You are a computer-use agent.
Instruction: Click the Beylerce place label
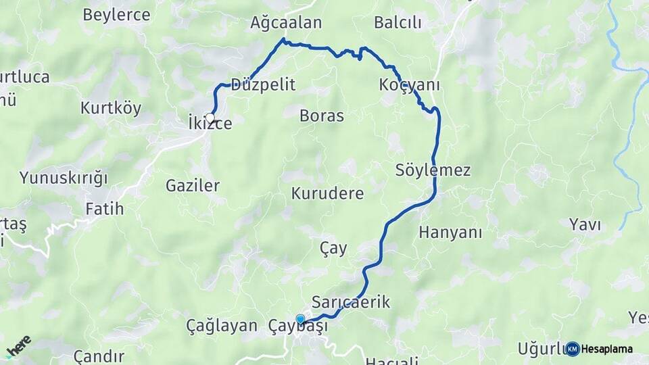pyautogui.click(x=116, y=15)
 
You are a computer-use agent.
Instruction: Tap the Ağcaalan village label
pyautogui.click(x=286, y=23)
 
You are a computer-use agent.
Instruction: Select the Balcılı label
pyautogui.click(x=398, y=23)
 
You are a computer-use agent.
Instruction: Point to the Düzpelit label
pyautogui.click(x=263, y=85)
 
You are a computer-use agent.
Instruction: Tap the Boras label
pyautogui.click(x=322, y=116)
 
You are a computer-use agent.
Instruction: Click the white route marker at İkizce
pyautogui.click(x=210, y=118)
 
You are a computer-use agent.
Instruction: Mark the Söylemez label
pyautogui.click(x=433, y=170)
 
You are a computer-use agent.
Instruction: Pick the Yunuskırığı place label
pyautogui.click(x=64, y=178)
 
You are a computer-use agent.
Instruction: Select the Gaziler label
pyautogui.click(x=193, y=185)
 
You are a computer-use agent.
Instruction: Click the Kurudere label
pyautogui.click(x=328, y=194)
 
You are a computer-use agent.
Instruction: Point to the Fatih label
pyautogui.click(x=105, y=209)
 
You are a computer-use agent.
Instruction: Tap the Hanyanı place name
pyautogui.click(x=451, y=233)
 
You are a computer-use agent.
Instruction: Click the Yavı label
pyautogui.click(x=585, y=225)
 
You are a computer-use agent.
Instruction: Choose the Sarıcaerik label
pyautogui.click(x=351, y=301)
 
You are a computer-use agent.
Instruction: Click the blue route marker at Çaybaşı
pyautogui.click(x=300, y=319)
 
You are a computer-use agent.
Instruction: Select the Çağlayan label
pyautogui.click(x=222, y=325)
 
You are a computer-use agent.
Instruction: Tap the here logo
pyautogui.click(x=18, y=345)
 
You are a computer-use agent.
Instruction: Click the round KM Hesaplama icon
pyautogui.click(x=573, y=349)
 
